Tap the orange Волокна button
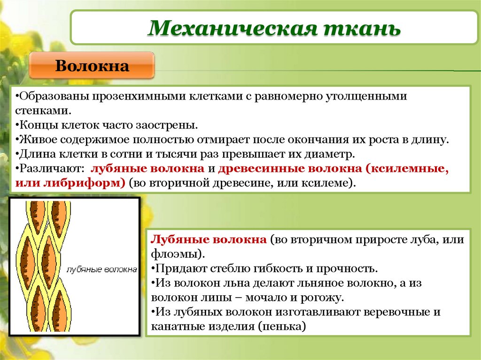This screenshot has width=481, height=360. coord(92,66)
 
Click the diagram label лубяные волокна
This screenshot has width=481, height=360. coord(102,270)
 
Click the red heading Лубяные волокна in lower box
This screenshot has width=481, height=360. coord(208,240)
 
